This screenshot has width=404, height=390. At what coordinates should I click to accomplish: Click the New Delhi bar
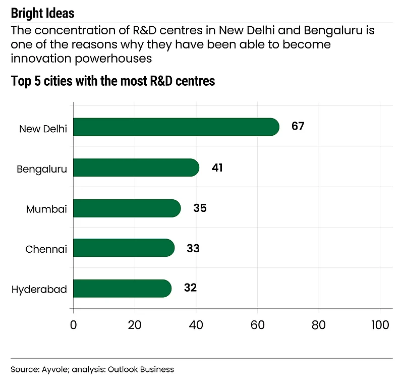point(176,127)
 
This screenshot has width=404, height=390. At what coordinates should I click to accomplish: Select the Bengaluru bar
point(136,168)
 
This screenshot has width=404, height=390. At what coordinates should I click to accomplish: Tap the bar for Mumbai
point(127,208)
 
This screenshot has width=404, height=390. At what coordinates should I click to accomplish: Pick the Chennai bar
point(124,248)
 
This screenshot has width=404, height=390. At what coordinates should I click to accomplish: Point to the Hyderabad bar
point(123,289)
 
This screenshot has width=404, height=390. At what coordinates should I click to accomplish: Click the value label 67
point(298,126)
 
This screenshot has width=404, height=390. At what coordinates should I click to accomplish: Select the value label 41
point(217,168)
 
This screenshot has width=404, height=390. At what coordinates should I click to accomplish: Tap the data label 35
point(200,208)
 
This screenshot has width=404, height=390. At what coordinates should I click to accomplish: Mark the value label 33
point(193,248)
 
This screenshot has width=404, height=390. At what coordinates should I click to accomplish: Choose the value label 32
point(190,288)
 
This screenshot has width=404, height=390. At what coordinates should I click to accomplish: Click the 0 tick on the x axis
point(74,325)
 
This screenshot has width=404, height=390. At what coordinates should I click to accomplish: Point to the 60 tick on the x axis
point(258,325)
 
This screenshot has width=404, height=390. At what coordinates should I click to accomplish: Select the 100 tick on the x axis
point(379,325)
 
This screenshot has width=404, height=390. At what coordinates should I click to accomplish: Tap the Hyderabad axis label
point(39,290)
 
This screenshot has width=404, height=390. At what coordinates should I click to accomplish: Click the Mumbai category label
point(47,209)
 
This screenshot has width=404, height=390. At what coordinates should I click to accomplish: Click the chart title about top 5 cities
point(113,81)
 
